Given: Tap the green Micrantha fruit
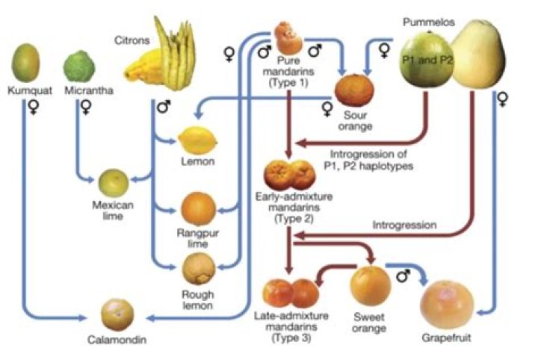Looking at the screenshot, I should pyautogui.click(x=81, y=67).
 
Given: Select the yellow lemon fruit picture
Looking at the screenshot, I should pyautogui.click(x=196, y=139).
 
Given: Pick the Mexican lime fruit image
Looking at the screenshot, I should pyautogui.click(x=115, y=181).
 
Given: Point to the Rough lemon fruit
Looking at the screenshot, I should pyautogui.click(x=198, y=267).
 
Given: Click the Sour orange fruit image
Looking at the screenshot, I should pyautogui.click(x=354, y=90).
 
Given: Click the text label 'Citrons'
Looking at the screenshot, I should pyautogui.click(x=132, y=37).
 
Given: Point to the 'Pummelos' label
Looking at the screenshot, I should pyautogui.click(x=423, y=22).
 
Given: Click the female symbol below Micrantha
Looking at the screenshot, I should pyautogui.click(x=85, y=108).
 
